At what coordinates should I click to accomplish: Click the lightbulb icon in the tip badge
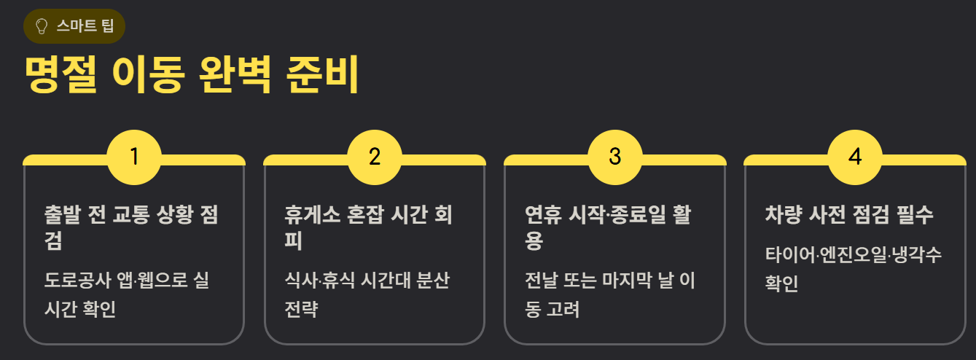pos(42,26)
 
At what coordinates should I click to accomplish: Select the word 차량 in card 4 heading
pos(783,215)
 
